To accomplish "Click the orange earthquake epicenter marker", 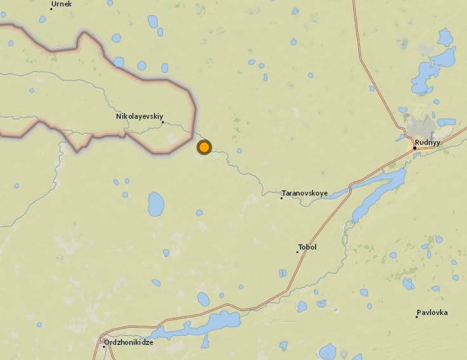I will pos(204,147).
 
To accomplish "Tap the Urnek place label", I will pos(62,4).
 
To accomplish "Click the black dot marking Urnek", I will pos(51,9).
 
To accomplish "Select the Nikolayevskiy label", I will pos(140,117).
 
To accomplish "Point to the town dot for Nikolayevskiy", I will pos(162,123).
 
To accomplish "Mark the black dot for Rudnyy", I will pos(414,148).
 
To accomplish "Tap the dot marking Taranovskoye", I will pos(282,198).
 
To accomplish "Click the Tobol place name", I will pos(307,247).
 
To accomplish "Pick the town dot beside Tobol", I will pos(297,252).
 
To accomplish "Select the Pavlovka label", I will pos(432,312).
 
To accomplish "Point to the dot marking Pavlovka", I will pos(417,317).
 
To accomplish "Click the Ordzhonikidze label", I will pos(130,342).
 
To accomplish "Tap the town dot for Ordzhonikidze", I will pos(104,346).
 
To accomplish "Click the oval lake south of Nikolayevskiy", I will pos(155,204).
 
